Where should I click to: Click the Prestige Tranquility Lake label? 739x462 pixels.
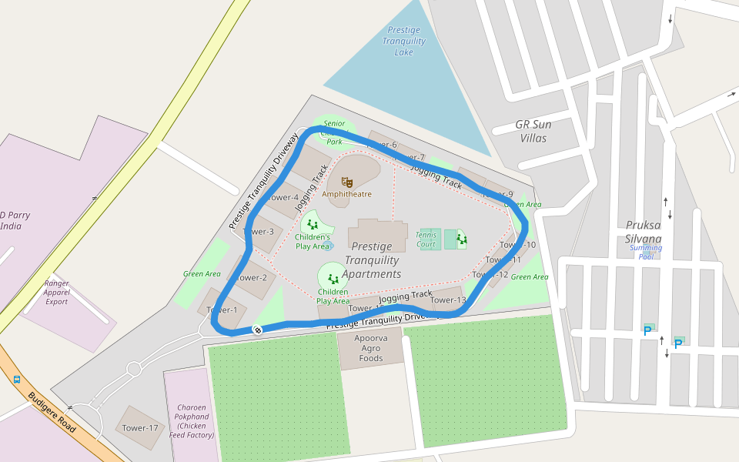coord(404,41)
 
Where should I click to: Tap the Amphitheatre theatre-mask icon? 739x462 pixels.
coord(347,182)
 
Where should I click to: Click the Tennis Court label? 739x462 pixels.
coord(426,239)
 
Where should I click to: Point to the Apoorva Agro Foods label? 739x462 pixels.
coord(371,348)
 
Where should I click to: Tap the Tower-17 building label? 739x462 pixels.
coord(140,427)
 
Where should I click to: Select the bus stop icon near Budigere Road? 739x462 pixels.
coord(17,379)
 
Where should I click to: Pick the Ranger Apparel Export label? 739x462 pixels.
coord(57,293)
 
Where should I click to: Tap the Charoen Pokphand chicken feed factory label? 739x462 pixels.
coord(191,421)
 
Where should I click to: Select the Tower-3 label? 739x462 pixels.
coord(259,231)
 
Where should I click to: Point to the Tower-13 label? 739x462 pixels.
coord(448,300)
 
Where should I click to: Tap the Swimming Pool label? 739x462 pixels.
coord(645,252)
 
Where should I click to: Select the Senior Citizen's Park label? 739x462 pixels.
coord(334,132)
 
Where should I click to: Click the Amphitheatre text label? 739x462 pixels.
coord(346,194)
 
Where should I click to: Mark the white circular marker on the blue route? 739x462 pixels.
coord(258,330)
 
